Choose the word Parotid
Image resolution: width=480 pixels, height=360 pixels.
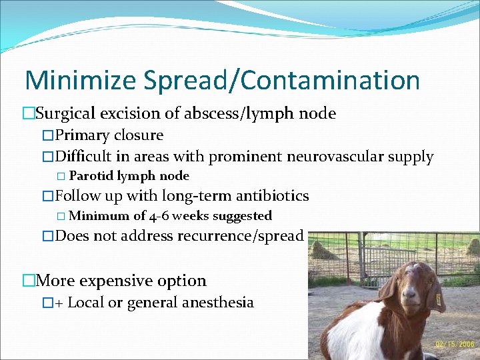point(91,177)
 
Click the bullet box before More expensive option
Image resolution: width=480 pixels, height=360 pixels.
point(28,281)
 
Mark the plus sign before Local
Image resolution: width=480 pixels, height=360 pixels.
point(59,303)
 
